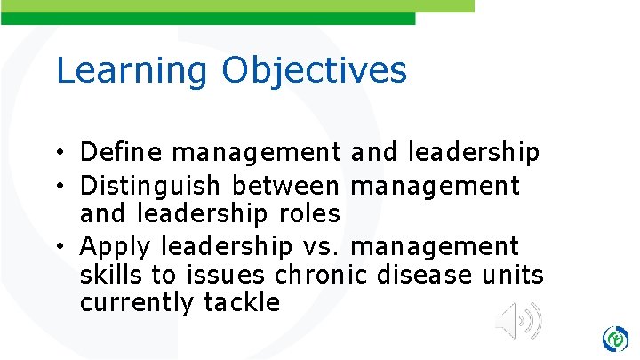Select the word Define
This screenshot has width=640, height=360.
122,154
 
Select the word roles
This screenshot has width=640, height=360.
311,214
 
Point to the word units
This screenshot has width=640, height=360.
515,275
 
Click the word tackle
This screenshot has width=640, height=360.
242,303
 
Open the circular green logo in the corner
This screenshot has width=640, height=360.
614,339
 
